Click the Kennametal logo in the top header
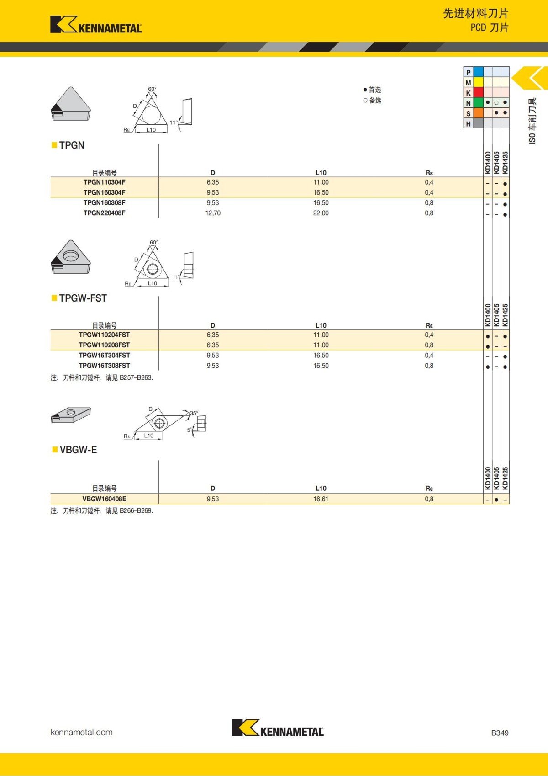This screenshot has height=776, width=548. [96, 25]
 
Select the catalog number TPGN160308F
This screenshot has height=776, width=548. [104, 203]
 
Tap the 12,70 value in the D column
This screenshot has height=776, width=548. [213, 213]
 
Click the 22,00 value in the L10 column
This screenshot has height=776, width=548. [321, 213]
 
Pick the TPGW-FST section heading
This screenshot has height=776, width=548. [83, 298]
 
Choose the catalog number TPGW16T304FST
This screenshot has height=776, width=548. [104, 356]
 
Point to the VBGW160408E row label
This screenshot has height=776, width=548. [104, 499]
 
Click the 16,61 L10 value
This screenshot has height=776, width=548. [321, 499]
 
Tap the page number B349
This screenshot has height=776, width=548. [500, 733]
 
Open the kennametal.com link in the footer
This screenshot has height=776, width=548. [81, 732]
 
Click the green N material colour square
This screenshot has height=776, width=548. [478, 103]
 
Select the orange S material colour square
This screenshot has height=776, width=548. [478, 113]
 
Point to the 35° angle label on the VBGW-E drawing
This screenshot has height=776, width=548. [194, 413]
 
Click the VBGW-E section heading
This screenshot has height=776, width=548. [78, 450]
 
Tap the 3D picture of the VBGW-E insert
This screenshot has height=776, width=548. [71, 415]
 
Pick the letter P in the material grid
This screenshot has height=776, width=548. [468, 72]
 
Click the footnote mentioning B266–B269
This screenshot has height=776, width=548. [102, 511]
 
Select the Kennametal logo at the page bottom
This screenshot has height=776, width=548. [278, 728]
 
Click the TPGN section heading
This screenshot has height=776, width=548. [72, 145]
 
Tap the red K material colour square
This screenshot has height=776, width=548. [478, 92]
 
